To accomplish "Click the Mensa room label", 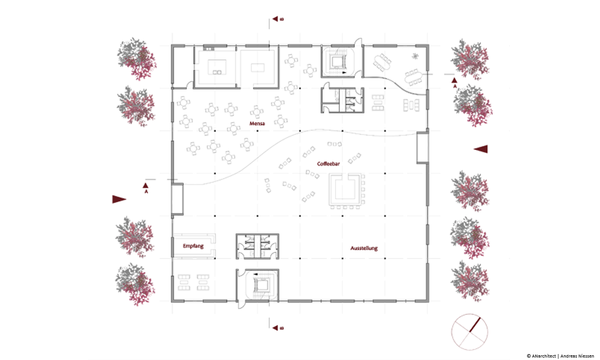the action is tap(257, 124).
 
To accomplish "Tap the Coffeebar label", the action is tap(328, 164).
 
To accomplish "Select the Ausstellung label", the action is tap(364, 248).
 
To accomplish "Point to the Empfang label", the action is tap(193, 246).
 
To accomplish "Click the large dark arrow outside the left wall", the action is tap(119, 199).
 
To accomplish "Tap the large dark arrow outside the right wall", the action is tap(481, 149).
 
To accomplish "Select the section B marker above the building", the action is tap(278, 19).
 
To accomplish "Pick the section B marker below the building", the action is tap(278, 328).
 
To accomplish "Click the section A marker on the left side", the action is tap(146, 187).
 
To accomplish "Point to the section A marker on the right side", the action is tap(455, 83).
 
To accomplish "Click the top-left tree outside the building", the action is tap(137, 59).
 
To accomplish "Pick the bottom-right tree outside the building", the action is tap(470, 281).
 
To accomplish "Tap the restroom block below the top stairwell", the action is tap(342, 100).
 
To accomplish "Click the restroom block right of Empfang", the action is tap(257, 247).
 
